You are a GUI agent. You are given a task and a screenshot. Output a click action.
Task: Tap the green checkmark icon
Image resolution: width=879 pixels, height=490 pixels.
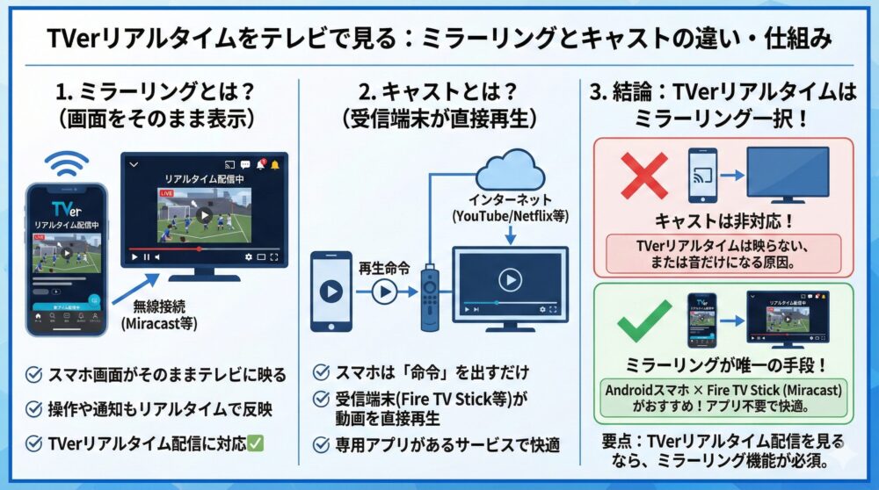tap(643, 322)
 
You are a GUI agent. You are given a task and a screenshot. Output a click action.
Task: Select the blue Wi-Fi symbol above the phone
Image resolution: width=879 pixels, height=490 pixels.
tap(68, 164)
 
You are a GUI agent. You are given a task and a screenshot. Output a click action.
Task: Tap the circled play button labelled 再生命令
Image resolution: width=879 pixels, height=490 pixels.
tap(383, 292)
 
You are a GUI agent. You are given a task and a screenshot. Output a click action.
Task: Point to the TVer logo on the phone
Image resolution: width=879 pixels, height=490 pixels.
tap(67, 211)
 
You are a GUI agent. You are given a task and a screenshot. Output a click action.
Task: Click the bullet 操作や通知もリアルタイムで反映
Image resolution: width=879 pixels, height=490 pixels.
tap(156, 408)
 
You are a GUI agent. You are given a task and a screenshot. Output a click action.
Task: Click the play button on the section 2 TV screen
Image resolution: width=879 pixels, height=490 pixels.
tap(509, 280)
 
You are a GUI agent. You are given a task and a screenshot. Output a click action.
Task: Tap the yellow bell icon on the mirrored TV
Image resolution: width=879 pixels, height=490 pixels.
tap(275, 164)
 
